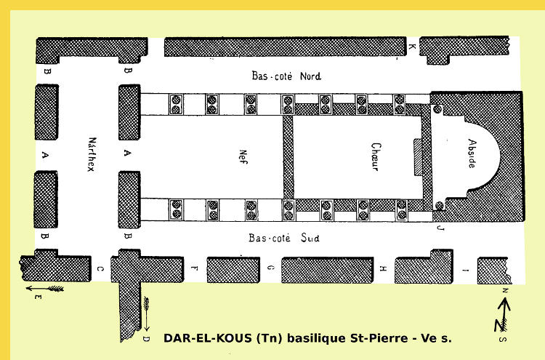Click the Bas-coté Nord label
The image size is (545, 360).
click(x=286, y=76)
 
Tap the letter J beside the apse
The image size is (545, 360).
click(x=439, y=228)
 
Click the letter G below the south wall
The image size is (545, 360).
click(x=270, y=269)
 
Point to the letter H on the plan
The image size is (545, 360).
click(x=382, y=269)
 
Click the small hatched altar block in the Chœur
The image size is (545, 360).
click(x=417, y=156)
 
